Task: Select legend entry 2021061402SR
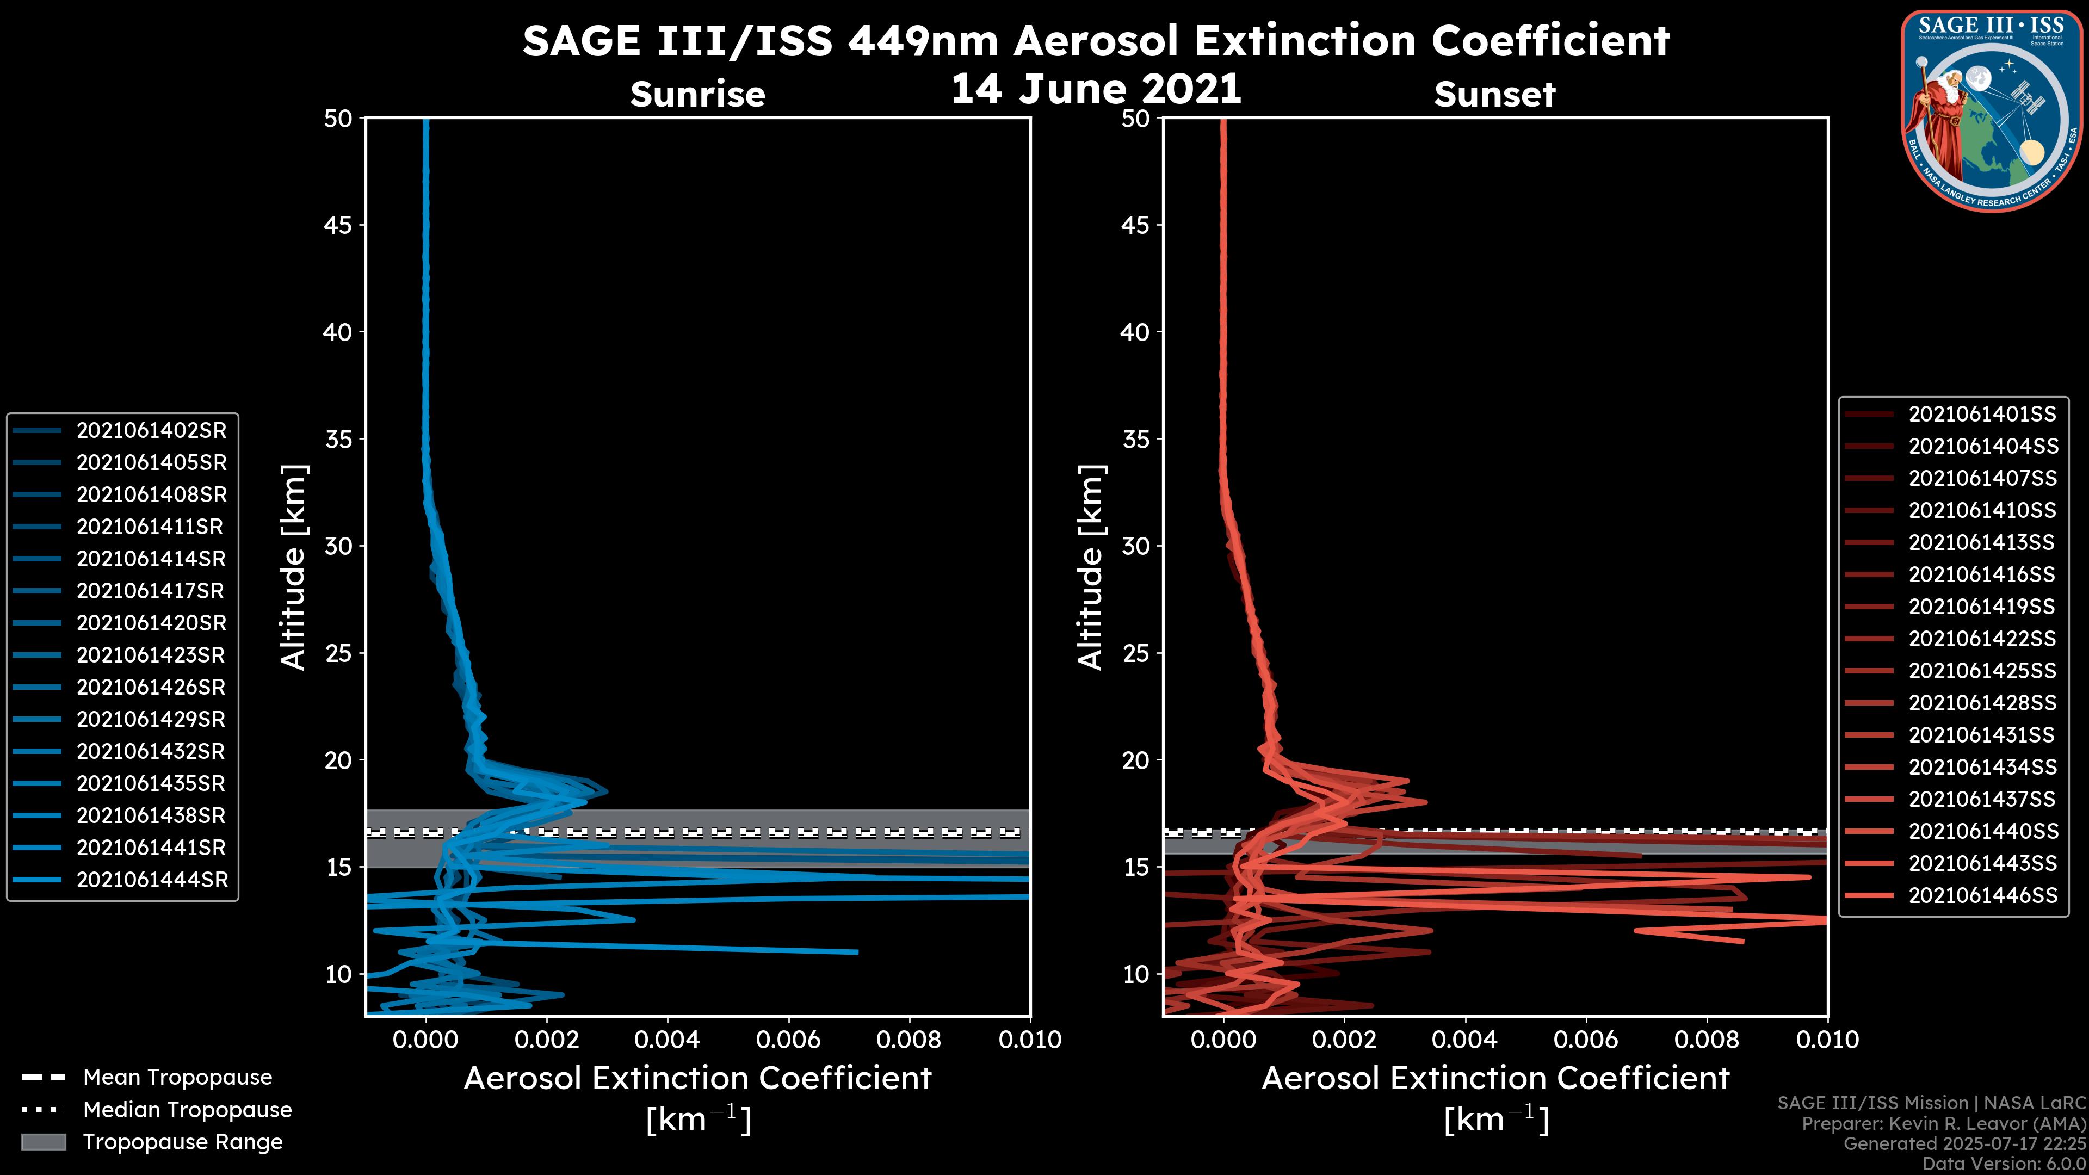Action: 151,431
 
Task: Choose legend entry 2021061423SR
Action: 151,655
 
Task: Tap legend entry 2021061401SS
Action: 1981,415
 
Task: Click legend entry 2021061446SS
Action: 1982,895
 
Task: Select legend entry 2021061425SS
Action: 1981,671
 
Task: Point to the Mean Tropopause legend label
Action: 177,1077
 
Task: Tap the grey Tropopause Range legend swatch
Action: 43,1142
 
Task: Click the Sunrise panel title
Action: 697,94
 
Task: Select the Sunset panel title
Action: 1494,94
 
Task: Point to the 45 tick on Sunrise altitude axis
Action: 339,225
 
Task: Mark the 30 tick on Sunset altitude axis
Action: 1135,546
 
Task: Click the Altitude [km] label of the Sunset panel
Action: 1091,567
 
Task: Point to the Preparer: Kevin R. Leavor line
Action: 1943,1124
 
